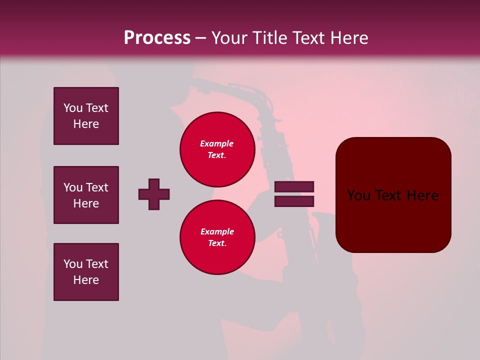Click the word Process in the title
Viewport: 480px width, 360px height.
click(x=157, y=38)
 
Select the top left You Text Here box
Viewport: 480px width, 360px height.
click(x=86, y=116)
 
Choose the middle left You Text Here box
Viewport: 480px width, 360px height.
click(x=86, y=195)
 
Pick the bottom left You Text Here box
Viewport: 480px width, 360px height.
click(x=86, y=272)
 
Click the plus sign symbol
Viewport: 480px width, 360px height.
click(x=154, y=194)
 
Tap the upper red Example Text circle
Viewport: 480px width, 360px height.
click(x=217, y=149)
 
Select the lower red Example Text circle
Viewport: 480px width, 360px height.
click(x=217, y=237)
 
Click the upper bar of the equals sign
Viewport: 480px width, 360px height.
click(x=294, y=186)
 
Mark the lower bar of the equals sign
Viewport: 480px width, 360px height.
click(x=294, y=201)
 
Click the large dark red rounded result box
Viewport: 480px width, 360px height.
click(x=393, y=195)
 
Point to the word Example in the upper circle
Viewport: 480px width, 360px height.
click(x=217, y=143)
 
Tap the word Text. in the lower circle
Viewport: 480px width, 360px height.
click(x=217, y=243)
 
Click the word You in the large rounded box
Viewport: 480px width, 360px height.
click(x=359, y=195)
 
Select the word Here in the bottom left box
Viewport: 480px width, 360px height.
click(x=86, y=280)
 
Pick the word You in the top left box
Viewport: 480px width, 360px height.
click(x=73, y=108)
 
